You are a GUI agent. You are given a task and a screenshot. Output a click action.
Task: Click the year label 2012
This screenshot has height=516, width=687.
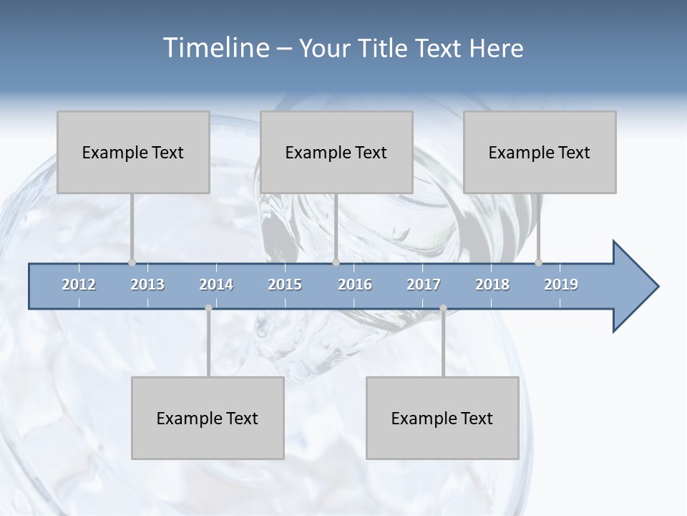tap(79, 285)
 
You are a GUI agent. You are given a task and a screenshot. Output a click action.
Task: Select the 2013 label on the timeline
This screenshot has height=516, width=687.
tap(147, 285)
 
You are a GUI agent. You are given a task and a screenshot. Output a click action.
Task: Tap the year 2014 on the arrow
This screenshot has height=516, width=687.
tap(216, 285)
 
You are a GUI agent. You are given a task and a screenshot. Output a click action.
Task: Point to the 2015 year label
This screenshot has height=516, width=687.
tap(285, 285)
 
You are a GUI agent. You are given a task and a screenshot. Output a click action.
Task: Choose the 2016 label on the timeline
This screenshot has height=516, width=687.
tap(355, 285)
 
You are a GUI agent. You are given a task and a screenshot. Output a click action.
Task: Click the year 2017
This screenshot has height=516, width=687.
tap(424, 285)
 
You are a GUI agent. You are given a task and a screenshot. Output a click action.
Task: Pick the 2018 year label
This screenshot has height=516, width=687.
tap(492, 285)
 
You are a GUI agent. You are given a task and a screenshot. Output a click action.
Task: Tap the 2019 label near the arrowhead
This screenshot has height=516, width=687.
tap(561, 285)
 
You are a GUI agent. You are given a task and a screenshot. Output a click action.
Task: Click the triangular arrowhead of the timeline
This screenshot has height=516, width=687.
tap(633, 287)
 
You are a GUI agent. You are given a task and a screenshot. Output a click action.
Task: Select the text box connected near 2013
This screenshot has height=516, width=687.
tap(133, 152)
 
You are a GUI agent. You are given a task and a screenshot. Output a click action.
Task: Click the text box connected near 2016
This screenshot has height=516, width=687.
tap(336, 152)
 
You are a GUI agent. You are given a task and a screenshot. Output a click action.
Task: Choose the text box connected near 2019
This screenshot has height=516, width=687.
tap(540, 152)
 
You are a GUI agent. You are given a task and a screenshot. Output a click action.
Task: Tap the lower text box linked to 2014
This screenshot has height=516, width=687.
tap(208, 418)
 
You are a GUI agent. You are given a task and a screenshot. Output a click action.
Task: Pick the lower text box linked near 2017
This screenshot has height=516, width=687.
tap(442, 418)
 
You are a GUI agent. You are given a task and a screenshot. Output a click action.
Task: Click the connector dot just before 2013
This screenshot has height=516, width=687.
tap(132, 262)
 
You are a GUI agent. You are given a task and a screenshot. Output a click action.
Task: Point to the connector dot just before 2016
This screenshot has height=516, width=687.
tap(336, 262)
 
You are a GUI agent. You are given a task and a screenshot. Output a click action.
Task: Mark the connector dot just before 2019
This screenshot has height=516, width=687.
tap(538, 262)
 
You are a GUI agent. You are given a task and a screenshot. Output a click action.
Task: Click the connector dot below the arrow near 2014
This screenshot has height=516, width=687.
tap(208, 308)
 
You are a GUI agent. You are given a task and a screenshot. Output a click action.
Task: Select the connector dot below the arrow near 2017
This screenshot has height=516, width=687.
tap(443, 308)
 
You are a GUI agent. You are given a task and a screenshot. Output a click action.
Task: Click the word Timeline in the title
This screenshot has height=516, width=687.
tap(215, 48)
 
